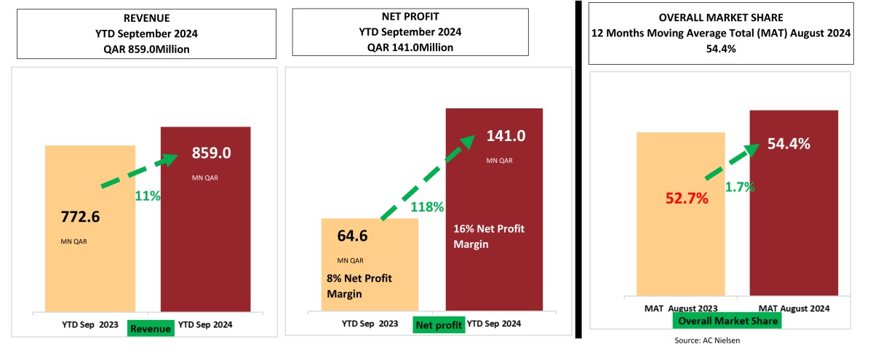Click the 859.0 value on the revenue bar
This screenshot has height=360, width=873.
[x=211, y=153]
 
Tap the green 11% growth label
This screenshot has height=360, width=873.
[x=148, y=196]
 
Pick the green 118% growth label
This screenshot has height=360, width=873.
[x=427, y=207]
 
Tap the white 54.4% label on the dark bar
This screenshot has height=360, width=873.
[x=789, y=144]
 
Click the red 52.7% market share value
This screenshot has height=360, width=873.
[x=686, y=198]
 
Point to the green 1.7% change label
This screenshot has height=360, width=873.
[x=739, y=187]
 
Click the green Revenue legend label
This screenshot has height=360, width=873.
[x=151, y=329]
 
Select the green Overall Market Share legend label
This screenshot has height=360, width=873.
[x=727, y=321]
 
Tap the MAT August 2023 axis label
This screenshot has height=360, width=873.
[x=682, y=308]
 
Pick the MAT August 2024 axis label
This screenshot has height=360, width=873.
[x=794, y=308]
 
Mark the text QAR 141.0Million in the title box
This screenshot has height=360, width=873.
[x=410, y=47]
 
